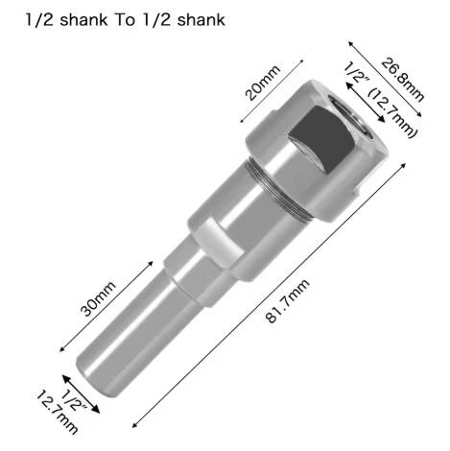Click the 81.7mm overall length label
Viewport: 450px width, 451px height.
tap(288, 300)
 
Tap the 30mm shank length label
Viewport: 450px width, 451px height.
tap(98, 298)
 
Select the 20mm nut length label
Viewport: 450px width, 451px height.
tap(262, 83)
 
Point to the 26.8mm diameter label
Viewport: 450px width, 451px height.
tap(403, 80)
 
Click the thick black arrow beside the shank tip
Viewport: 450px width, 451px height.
tap(81, 394)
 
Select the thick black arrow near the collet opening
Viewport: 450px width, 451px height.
tap(366, 102)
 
